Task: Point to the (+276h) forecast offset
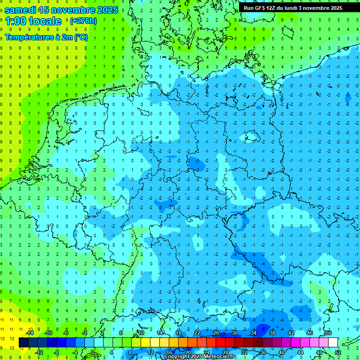pos(83,21)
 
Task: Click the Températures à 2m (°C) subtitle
pos(46,37)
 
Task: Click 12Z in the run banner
pos(273,8)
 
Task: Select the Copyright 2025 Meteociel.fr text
pos(200,357)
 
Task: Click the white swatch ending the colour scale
pos(333,342)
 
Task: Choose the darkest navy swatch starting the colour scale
pos(23,342)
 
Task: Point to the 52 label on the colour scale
pos(337,352)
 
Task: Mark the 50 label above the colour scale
pos(328,333)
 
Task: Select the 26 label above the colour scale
pos(216,333)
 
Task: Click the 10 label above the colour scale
pos(141,333)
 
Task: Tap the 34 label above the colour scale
pos(254,333)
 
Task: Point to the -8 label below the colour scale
pos(57,352)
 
